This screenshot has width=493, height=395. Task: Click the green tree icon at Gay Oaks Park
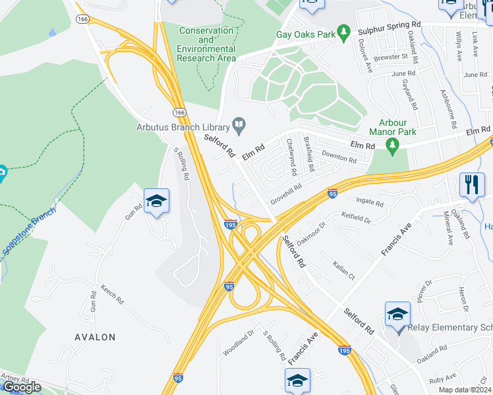click(343, 32)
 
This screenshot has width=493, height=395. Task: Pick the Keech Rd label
click(112, 294)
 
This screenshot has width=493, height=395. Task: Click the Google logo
click(22, 387)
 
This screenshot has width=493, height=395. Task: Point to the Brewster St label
click(391, 57)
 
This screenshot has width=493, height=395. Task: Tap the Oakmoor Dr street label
click(311, 234)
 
